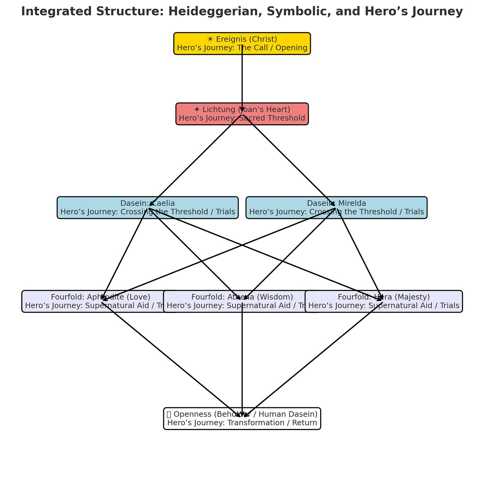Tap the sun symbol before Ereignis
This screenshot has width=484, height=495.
[210, 40]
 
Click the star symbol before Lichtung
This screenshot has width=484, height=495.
[197, 110]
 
